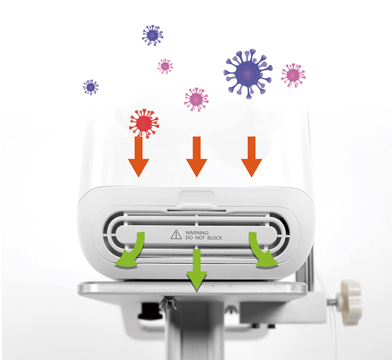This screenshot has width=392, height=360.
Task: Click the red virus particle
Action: coord(144,123)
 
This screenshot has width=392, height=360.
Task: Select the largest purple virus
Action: coord(248,73)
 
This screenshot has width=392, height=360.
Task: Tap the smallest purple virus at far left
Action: coord(90,87)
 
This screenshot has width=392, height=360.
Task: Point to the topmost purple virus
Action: coord(152,35)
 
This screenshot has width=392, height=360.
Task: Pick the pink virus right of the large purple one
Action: coord(293,75)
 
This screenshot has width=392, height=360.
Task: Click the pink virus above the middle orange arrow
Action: coord(196,99)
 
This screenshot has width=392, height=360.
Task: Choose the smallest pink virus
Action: coord(165,67)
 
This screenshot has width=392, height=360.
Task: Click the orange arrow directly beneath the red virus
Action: coord(138,156)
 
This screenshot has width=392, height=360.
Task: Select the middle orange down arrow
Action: coord(197,156)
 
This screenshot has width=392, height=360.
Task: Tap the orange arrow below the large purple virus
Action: coord(252,156)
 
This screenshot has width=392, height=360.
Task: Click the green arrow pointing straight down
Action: coord(197,270)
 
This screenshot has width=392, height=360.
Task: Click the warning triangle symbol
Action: coord(176,235)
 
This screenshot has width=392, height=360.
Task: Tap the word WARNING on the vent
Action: coord(197,233)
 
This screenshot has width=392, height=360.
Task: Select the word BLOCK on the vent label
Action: coord(214,238)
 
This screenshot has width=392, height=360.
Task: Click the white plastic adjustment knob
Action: coord(349,303)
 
